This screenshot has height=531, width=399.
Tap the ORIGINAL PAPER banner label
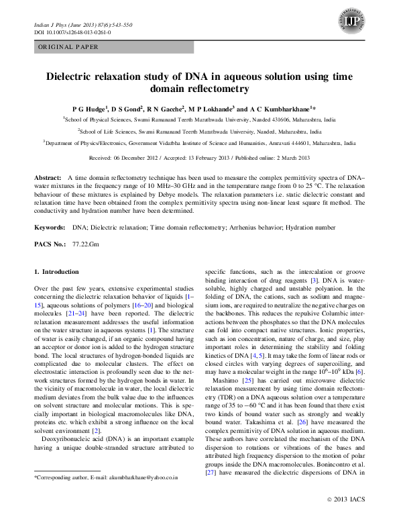(68, 47)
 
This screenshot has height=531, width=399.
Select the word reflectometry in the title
(216, 89)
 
